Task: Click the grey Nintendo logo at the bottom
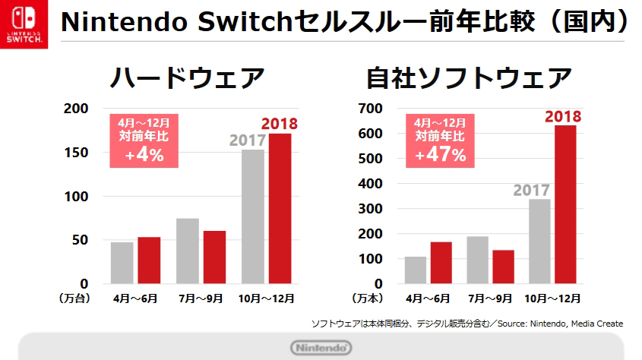point(321,348)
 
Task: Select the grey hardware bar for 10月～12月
point(253,216)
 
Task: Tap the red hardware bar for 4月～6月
point(149,260)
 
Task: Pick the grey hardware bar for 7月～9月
point(188,251)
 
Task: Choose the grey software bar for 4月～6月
point(416,270)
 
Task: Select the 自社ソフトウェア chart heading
point(469,78)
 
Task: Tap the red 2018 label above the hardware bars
point(279,124)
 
